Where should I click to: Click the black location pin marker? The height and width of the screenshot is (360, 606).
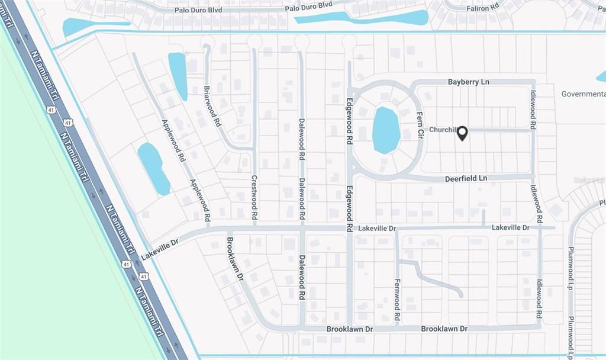pyautogui.click(x=462, y=133)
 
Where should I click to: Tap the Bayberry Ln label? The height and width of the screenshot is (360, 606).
pyautogui.click(x=468, y=82)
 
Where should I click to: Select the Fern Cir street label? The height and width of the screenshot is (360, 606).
pyautogui.click(x=420, y=126)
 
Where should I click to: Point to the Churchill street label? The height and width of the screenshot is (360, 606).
pyautogui.click(x=441, y=130)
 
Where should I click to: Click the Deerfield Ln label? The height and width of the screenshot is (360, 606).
pyautogui.click(x=466, y=178)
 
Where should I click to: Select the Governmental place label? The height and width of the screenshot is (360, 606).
pyautogui.click(x=583, y=94)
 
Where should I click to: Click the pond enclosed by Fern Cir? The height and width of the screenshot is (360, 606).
pyautogui.click(x=386, y=130)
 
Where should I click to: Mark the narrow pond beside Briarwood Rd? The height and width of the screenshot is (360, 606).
pyautogui.click(x=178, y=76)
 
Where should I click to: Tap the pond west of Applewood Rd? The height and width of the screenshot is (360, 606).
pyautogui.click(x=154, y=169)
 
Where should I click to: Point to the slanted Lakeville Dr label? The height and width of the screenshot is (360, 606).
pyautogui.click(x=159, y=249)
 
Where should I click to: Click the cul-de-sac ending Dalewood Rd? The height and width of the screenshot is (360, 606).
pyautogui.click(x=302, y=42)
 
